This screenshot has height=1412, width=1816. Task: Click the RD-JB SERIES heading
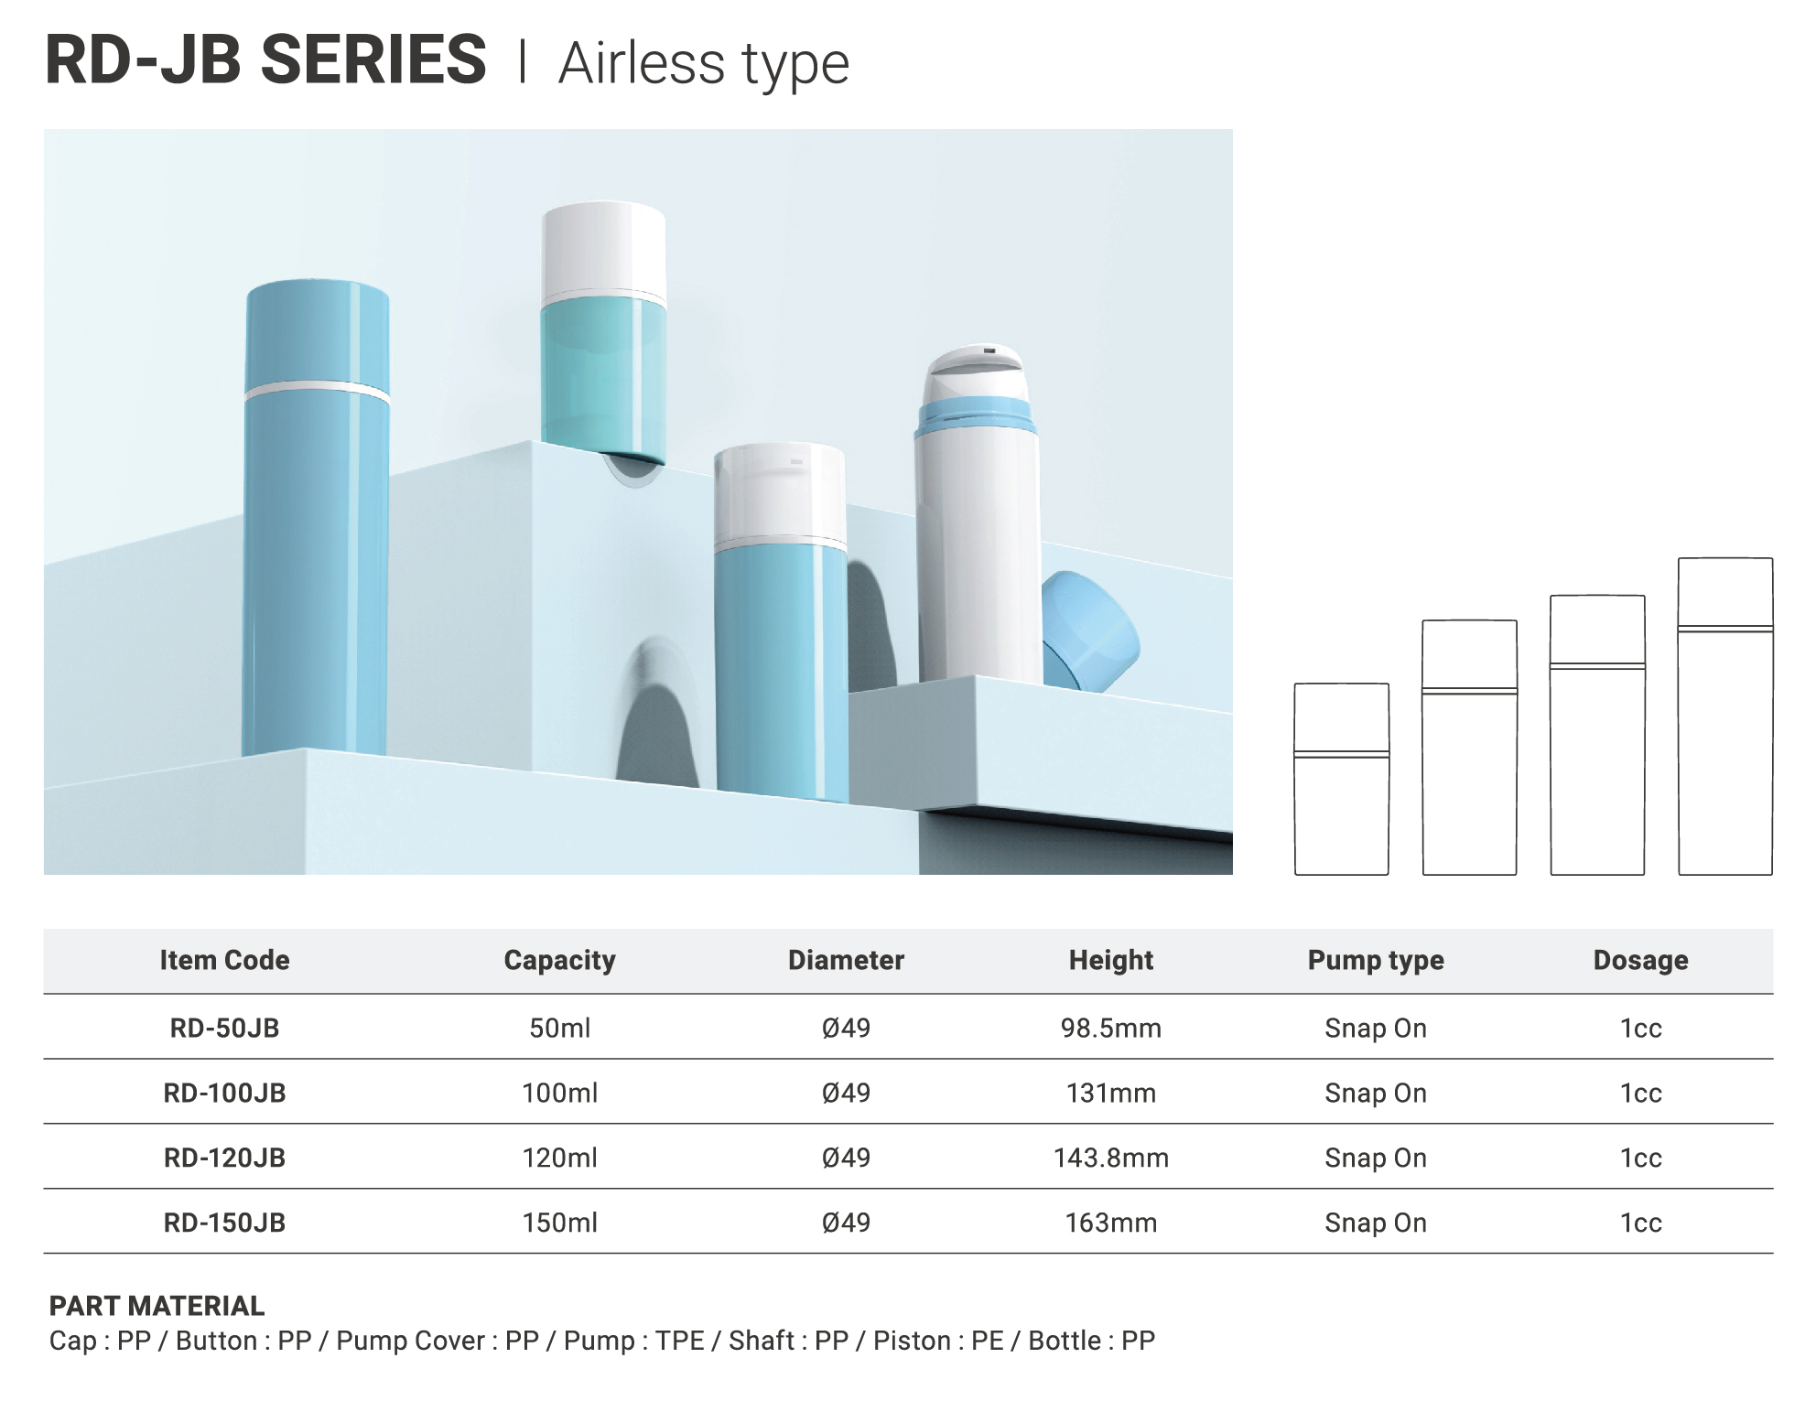[x=265, y=60]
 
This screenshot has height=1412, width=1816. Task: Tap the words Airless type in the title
[x=704, y=64]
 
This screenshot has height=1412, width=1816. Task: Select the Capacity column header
[x=559, y=960]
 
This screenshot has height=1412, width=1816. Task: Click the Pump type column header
[x=1375, y=960]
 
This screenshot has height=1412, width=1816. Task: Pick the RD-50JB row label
[x=224, y=1028]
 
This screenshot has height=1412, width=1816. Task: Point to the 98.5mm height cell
[x=1110, y=1028]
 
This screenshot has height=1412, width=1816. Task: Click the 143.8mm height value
[x=1110, y=1158]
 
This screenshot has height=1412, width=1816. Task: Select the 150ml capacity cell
[x=559, y=1223]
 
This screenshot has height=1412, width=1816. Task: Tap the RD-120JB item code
[x=224, y=1158]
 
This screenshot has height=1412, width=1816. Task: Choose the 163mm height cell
[x=1110, y=1223]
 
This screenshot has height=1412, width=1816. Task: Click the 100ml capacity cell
[x=559, y=1093]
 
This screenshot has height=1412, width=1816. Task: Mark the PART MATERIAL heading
[x=157, y=1306]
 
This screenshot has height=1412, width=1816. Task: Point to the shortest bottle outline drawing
[x=1341, y=779]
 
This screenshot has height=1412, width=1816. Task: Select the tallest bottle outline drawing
[x=1725, y=716]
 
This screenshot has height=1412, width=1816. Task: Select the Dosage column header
[x=1640, y=960]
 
